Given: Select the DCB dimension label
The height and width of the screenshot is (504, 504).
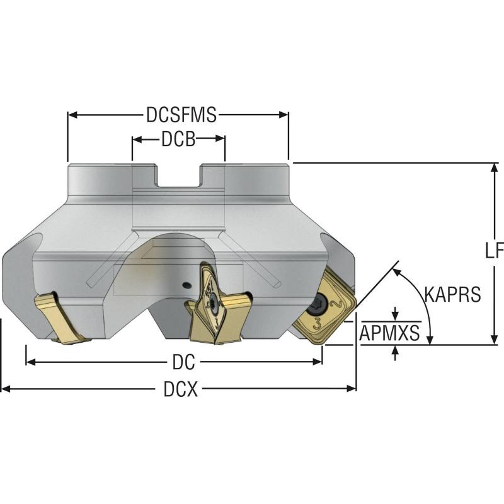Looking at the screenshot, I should [x=178, y=140].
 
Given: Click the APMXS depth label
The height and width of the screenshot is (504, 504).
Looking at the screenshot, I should [x=389, y=333].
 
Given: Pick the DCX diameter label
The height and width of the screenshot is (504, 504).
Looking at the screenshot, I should [x=181, y=390].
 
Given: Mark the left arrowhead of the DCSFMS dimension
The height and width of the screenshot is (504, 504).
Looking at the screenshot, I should [x=71, y=115].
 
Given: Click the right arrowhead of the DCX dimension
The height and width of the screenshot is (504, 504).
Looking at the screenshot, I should [x=353, y=390].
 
